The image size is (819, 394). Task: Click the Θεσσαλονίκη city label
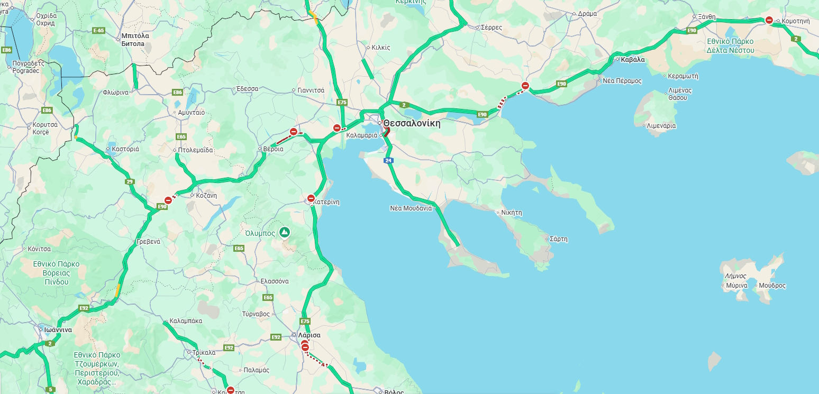point(412,124)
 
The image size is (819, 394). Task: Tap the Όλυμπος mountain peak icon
point(285,232)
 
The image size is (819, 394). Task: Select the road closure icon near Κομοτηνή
point(769,20)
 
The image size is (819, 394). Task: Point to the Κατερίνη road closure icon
point(311,199)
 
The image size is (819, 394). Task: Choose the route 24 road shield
point(388,160)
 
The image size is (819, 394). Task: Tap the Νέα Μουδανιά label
point(411,208)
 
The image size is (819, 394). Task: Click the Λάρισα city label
point(309,335)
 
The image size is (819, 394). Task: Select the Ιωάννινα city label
point(58,329)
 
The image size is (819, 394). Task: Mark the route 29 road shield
point(130,182)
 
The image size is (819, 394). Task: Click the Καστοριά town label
point(125,149)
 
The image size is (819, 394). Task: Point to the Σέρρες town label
point(491,27)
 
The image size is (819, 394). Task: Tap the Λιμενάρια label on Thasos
point(661,126)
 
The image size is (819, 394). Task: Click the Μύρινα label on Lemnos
point(736,286)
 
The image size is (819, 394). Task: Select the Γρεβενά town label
point(148,241)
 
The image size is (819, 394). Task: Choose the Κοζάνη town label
point(206,195)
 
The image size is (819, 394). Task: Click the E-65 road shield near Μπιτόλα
point(98,31)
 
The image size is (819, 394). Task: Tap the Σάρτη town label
point(558,239)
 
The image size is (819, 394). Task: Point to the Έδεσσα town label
point(247,89)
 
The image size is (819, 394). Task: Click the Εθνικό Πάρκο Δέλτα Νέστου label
point(730,46)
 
